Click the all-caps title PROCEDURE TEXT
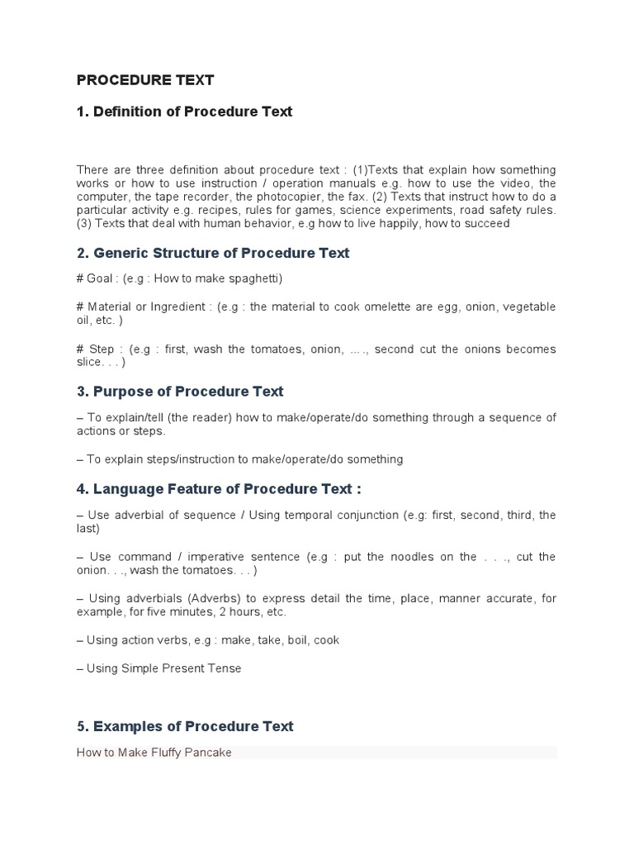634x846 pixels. pos(145,80)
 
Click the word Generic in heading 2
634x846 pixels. pos(121,253)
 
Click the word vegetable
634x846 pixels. pos(526,307)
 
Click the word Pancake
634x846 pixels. pos(207,753)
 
